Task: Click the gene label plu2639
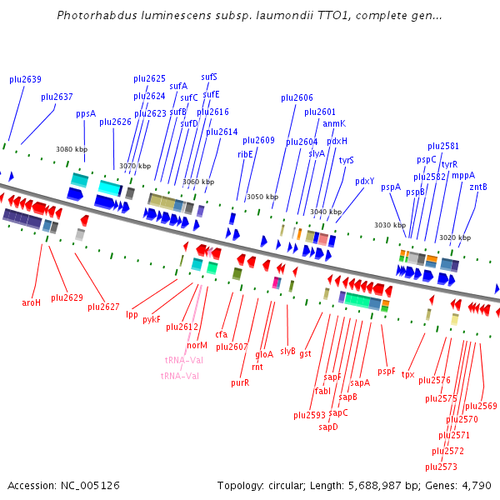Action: coord(25,79)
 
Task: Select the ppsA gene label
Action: coord(86,113)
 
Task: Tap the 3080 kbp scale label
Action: coord(71,149)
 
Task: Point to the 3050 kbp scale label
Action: coord(262,197)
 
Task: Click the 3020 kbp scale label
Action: coord(455,237)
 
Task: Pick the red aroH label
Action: coord(31,302)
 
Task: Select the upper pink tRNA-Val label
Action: coord(184,360)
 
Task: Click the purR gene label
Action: coord(240,382)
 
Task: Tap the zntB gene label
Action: coord(478,187)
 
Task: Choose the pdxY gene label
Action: coord(364,181)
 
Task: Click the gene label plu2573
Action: coord(441,466)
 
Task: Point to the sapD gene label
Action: coord(328,427)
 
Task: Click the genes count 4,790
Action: coord(477,485)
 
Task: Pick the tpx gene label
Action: coord(407,374)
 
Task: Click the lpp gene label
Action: coord(132,314)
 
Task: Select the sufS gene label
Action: coord(209,77)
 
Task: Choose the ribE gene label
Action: coord(245,153)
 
